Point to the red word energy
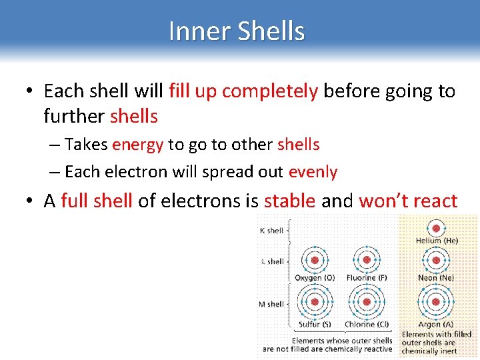(138, 145)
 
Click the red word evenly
(313, 172)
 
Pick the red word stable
(289, 201)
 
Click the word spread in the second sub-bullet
(218, 172)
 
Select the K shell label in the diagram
(271, 231)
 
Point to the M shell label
(271, 304)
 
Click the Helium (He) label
(437, 241)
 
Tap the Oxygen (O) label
(315, 277)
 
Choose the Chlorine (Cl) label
(367, 325)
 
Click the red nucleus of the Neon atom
(436, 260)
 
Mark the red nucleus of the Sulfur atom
(314, 302)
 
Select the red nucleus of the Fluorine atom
(366, 260)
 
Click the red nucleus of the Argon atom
(436, 302)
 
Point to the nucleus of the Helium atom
(436, 225)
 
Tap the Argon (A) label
(437, 325)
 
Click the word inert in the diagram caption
(449, 351)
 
